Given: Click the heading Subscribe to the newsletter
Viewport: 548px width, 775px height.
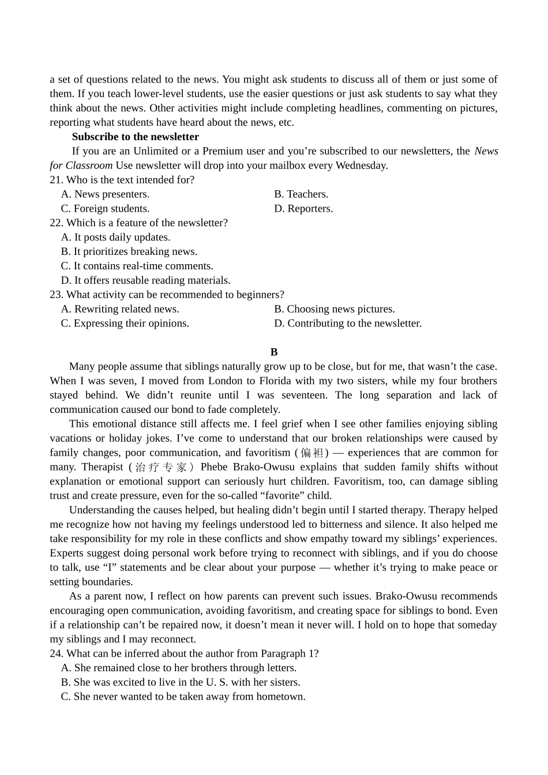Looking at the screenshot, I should pyautogui.click(x=135, y=137).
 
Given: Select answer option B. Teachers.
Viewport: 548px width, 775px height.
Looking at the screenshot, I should pyautogui.click(x=301, y=194).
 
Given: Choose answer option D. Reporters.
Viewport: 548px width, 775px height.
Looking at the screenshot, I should pyautogui.click(x=303, y=208).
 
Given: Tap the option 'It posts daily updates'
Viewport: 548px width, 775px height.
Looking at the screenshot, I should pyautogui.click(x=115, y=237).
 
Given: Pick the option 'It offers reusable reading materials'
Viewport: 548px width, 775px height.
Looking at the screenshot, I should pyautogui.click(x=145, y=280).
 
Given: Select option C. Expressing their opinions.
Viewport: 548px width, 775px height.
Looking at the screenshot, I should pyautogui.click(x=125, y=323).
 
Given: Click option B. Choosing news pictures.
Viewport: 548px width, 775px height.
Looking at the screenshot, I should pyautogui.click(x=335, y=309).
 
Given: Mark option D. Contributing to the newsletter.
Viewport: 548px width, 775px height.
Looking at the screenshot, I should pyautogui.click(x=348, y=323).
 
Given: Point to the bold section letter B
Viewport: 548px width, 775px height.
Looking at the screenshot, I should pyautogui.click(x=274, y=352).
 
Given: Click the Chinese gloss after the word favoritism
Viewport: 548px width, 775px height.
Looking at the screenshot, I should pyautogui.click(x=311, y=453).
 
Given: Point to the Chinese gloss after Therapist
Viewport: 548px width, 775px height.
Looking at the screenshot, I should pyautogui.click(x=161, y=467).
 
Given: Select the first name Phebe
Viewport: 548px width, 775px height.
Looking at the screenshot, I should pyautogui.click(x=214, y=467).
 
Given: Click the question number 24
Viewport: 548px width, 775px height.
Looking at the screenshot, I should pyautogui.click(x=56, y=653).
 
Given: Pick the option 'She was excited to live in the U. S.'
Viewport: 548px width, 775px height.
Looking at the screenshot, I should pyautogui.click(x=181, y=682).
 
